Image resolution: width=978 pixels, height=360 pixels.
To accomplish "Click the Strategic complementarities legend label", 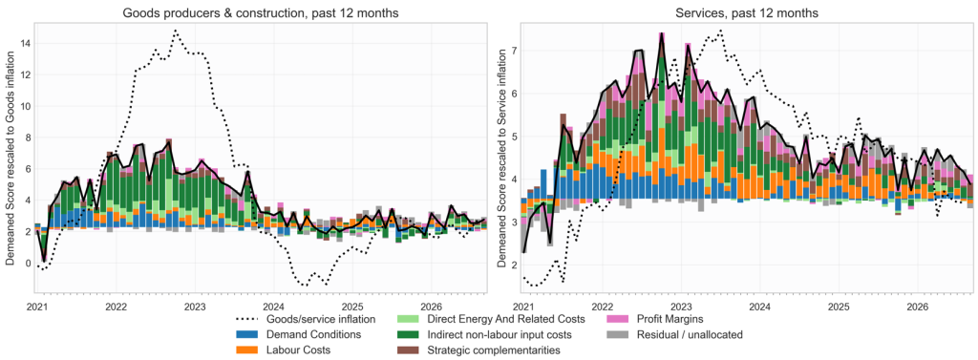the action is point(492,349).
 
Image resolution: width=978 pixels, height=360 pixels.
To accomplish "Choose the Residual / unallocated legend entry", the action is point(676,334).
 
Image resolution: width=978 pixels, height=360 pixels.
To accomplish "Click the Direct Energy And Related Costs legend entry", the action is point(492,320).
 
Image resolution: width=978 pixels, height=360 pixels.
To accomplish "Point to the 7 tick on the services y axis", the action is point(514,51).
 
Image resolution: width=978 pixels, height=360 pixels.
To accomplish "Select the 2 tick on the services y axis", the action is point(514,265).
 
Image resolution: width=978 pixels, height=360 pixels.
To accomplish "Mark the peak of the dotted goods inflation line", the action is point(176,30).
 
